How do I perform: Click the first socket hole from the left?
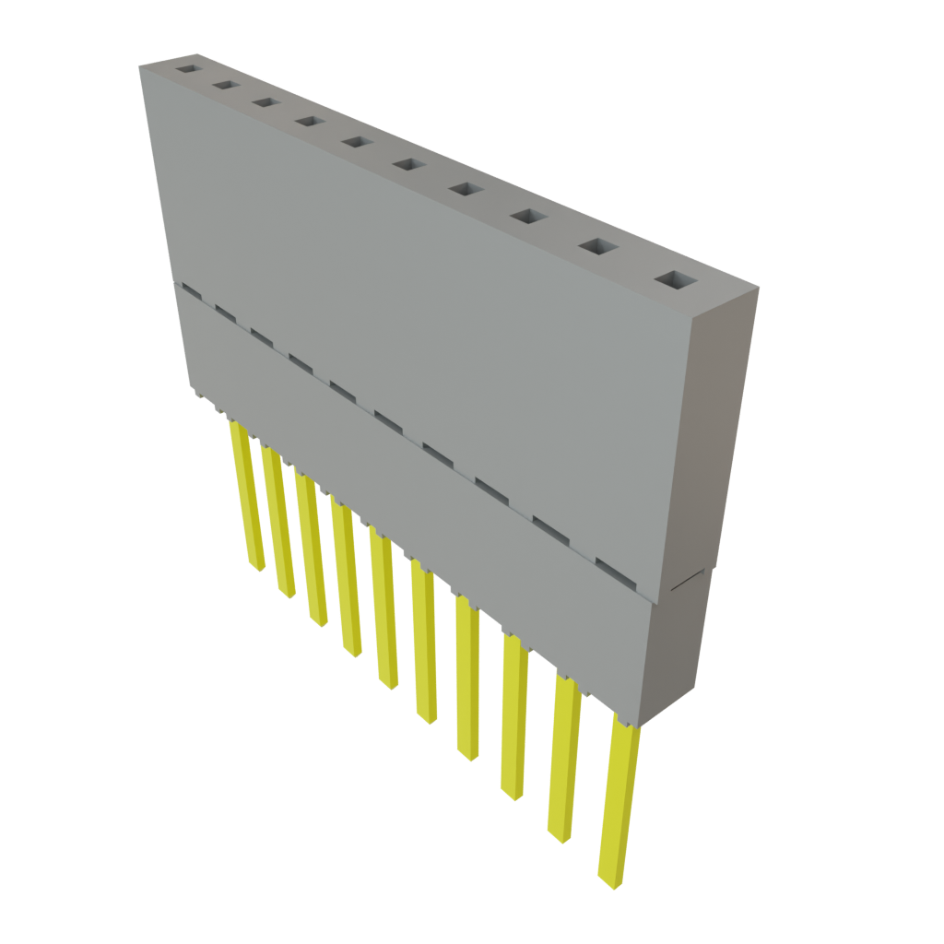pos(189,69)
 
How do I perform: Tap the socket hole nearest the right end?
pos(678,279)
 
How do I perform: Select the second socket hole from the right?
pos(600,246)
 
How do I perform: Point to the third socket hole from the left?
pos(265,102)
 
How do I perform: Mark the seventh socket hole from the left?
pos(466,189)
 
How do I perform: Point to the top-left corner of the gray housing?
pos(140,66)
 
